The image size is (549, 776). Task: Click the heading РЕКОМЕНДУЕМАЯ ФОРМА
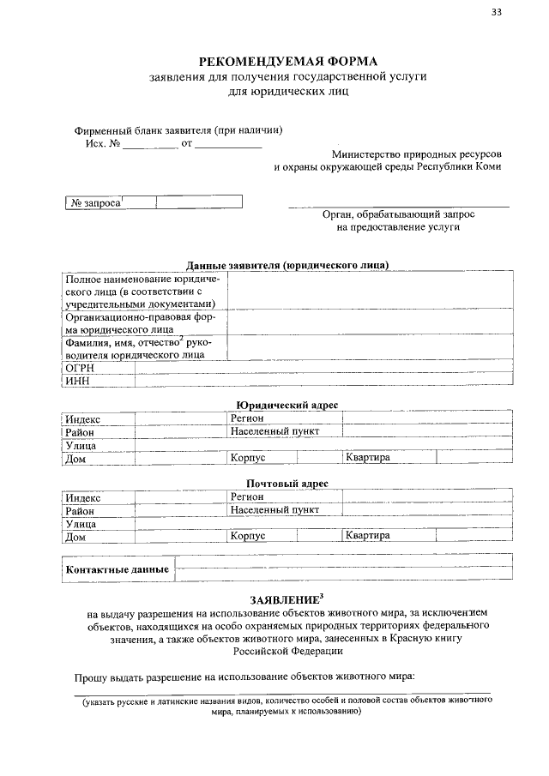pos(287,61)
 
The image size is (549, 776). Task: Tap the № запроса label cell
pos(95,202)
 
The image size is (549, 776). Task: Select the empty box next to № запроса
pos(199,202)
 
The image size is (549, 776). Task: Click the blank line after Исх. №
pos(149,143)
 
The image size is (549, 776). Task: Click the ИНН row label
pos(78,381)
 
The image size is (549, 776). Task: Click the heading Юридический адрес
pos(287,404)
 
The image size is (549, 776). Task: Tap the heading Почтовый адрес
pos(287,484)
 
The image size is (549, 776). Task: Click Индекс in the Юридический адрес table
pos(83,418)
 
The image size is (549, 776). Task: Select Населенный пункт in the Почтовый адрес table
pos(274,510)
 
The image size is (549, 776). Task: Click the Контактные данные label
pos(117,569)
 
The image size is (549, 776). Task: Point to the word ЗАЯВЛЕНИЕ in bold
pos(285,599)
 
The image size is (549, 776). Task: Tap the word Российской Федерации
pos(287,651)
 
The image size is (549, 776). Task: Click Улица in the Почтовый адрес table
pos(81,524)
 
